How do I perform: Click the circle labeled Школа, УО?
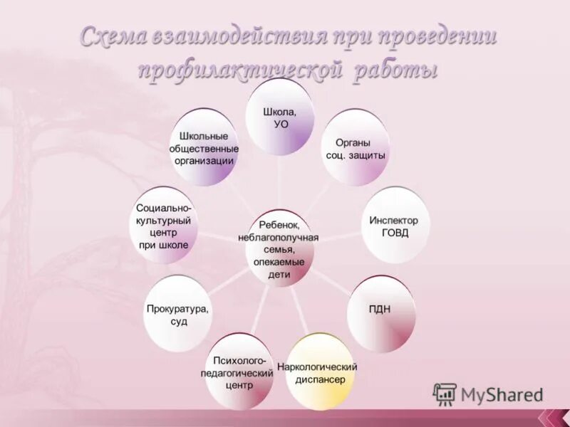[x=280, y=117]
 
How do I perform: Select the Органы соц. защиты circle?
[x=356, y=149]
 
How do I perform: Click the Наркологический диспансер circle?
[x=317, y=373]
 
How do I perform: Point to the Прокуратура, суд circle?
[x=178, y=315]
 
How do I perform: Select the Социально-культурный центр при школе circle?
[x=164, y=226]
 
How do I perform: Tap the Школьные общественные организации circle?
[x=204, y=147]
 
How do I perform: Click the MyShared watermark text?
[x=501, y=394]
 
